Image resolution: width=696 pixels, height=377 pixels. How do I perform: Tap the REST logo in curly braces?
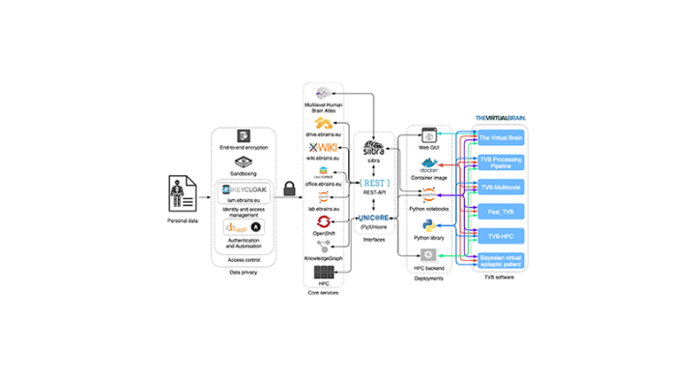click(x=373, y=183)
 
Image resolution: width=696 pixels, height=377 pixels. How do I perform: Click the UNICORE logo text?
click(x=373, y=218)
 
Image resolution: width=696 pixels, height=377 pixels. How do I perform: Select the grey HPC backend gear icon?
click(x=427, y=254)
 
